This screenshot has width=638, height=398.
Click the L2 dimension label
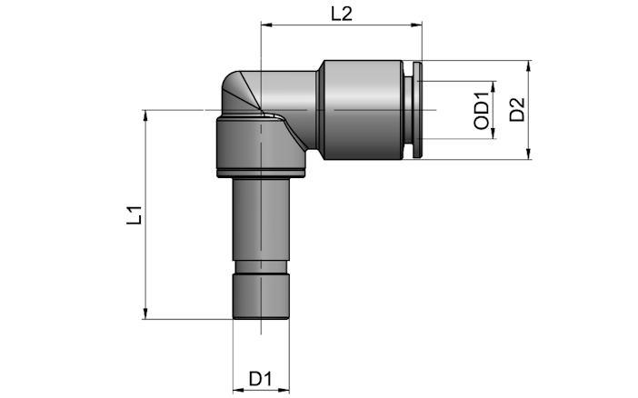[341, 15]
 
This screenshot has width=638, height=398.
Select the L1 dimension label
[135, 215]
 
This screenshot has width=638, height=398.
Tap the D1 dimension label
[260, 379]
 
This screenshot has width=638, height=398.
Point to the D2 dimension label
[517, 109]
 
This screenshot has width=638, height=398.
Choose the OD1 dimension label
[482, 111]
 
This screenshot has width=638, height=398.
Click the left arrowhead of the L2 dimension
[266, 25]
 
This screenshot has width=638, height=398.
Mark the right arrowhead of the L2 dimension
[416, 25]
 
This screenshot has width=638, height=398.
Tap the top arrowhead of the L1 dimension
[145, 116]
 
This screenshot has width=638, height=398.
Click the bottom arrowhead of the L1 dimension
[145, 313]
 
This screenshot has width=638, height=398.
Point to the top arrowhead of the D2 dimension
[528, 66]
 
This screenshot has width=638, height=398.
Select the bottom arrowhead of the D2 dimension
[528, 153]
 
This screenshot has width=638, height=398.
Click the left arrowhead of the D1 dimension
[239, 390]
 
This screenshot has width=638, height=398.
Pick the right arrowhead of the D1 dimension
[284, 390]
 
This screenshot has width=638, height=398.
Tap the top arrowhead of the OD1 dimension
[493, 87]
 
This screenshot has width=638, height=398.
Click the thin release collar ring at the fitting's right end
[417, 109]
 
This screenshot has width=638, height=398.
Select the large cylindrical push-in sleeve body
[363, 109]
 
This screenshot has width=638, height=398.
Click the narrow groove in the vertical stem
[261, 266]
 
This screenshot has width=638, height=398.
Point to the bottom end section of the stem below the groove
[261, 296]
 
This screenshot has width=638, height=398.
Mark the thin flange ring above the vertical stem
[261, 174]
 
